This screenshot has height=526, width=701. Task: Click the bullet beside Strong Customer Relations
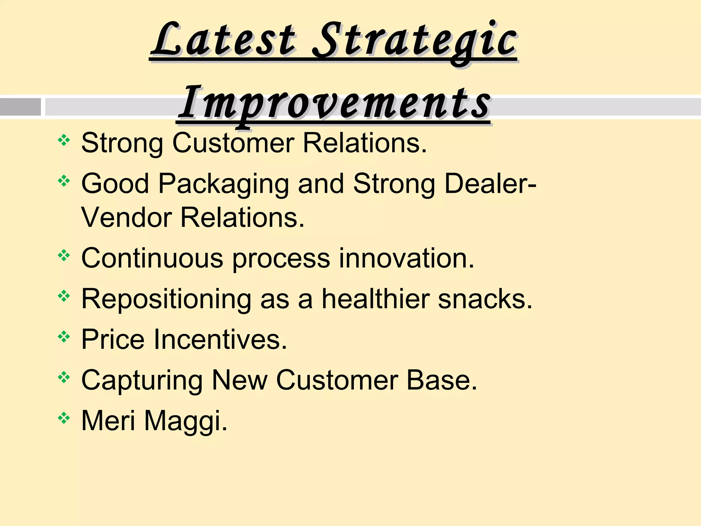[64, 140]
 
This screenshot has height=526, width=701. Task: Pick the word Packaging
[223, 184]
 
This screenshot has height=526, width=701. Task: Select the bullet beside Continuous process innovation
[64, 255]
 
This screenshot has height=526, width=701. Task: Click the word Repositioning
[166, 299]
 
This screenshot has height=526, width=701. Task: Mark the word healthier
[375, 299]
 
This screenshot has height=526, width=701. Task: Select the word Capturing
[142, 380]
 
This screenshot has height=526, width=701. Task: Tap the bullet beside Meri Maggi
[64, 418]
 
